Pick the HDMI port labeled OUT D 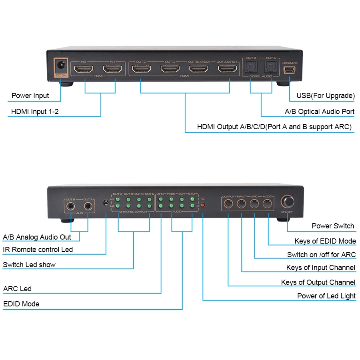coord(141,69)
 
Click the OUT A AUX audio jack coord(88,207)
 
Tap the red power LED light coord(203,205)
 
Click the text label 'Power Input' coord(30,96)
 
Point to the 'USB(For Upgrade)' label coord(325,96)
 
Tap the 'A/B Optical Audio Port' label coord(320,112)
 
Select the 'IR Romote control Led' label coord(38,250)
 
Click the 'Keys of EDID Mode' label coord(325,241)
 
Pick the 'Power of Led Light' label coord(326,296)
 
